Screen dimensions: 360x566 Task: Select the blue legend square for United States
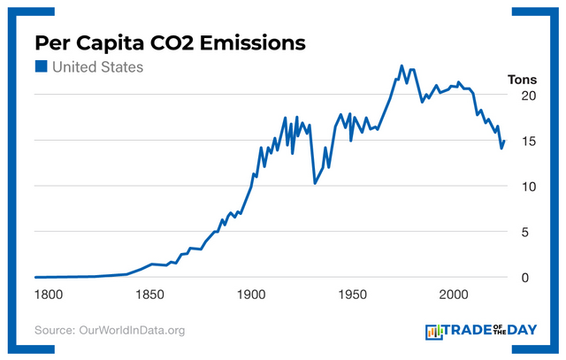[x=41, y=67]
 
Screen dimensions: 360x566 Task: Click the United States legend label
[x=97, y=67]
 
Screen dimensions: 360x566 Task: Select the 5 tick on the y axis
[x=525, y=233]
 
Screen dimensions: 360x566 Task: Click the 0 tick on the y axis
[x=525, y=278]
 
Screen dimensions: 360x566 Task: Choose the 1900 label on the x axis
[x=251, y=295]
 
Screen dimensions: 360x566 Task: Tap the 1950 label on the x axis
[x=353, y=295]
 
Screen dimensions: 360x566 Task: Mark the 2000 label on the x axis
[x=455, y=295]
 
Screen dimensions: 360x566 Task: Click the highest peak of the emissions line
[x=402, y=65]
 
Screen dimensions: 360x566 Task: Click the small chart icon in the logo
[x=434, y=332]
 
